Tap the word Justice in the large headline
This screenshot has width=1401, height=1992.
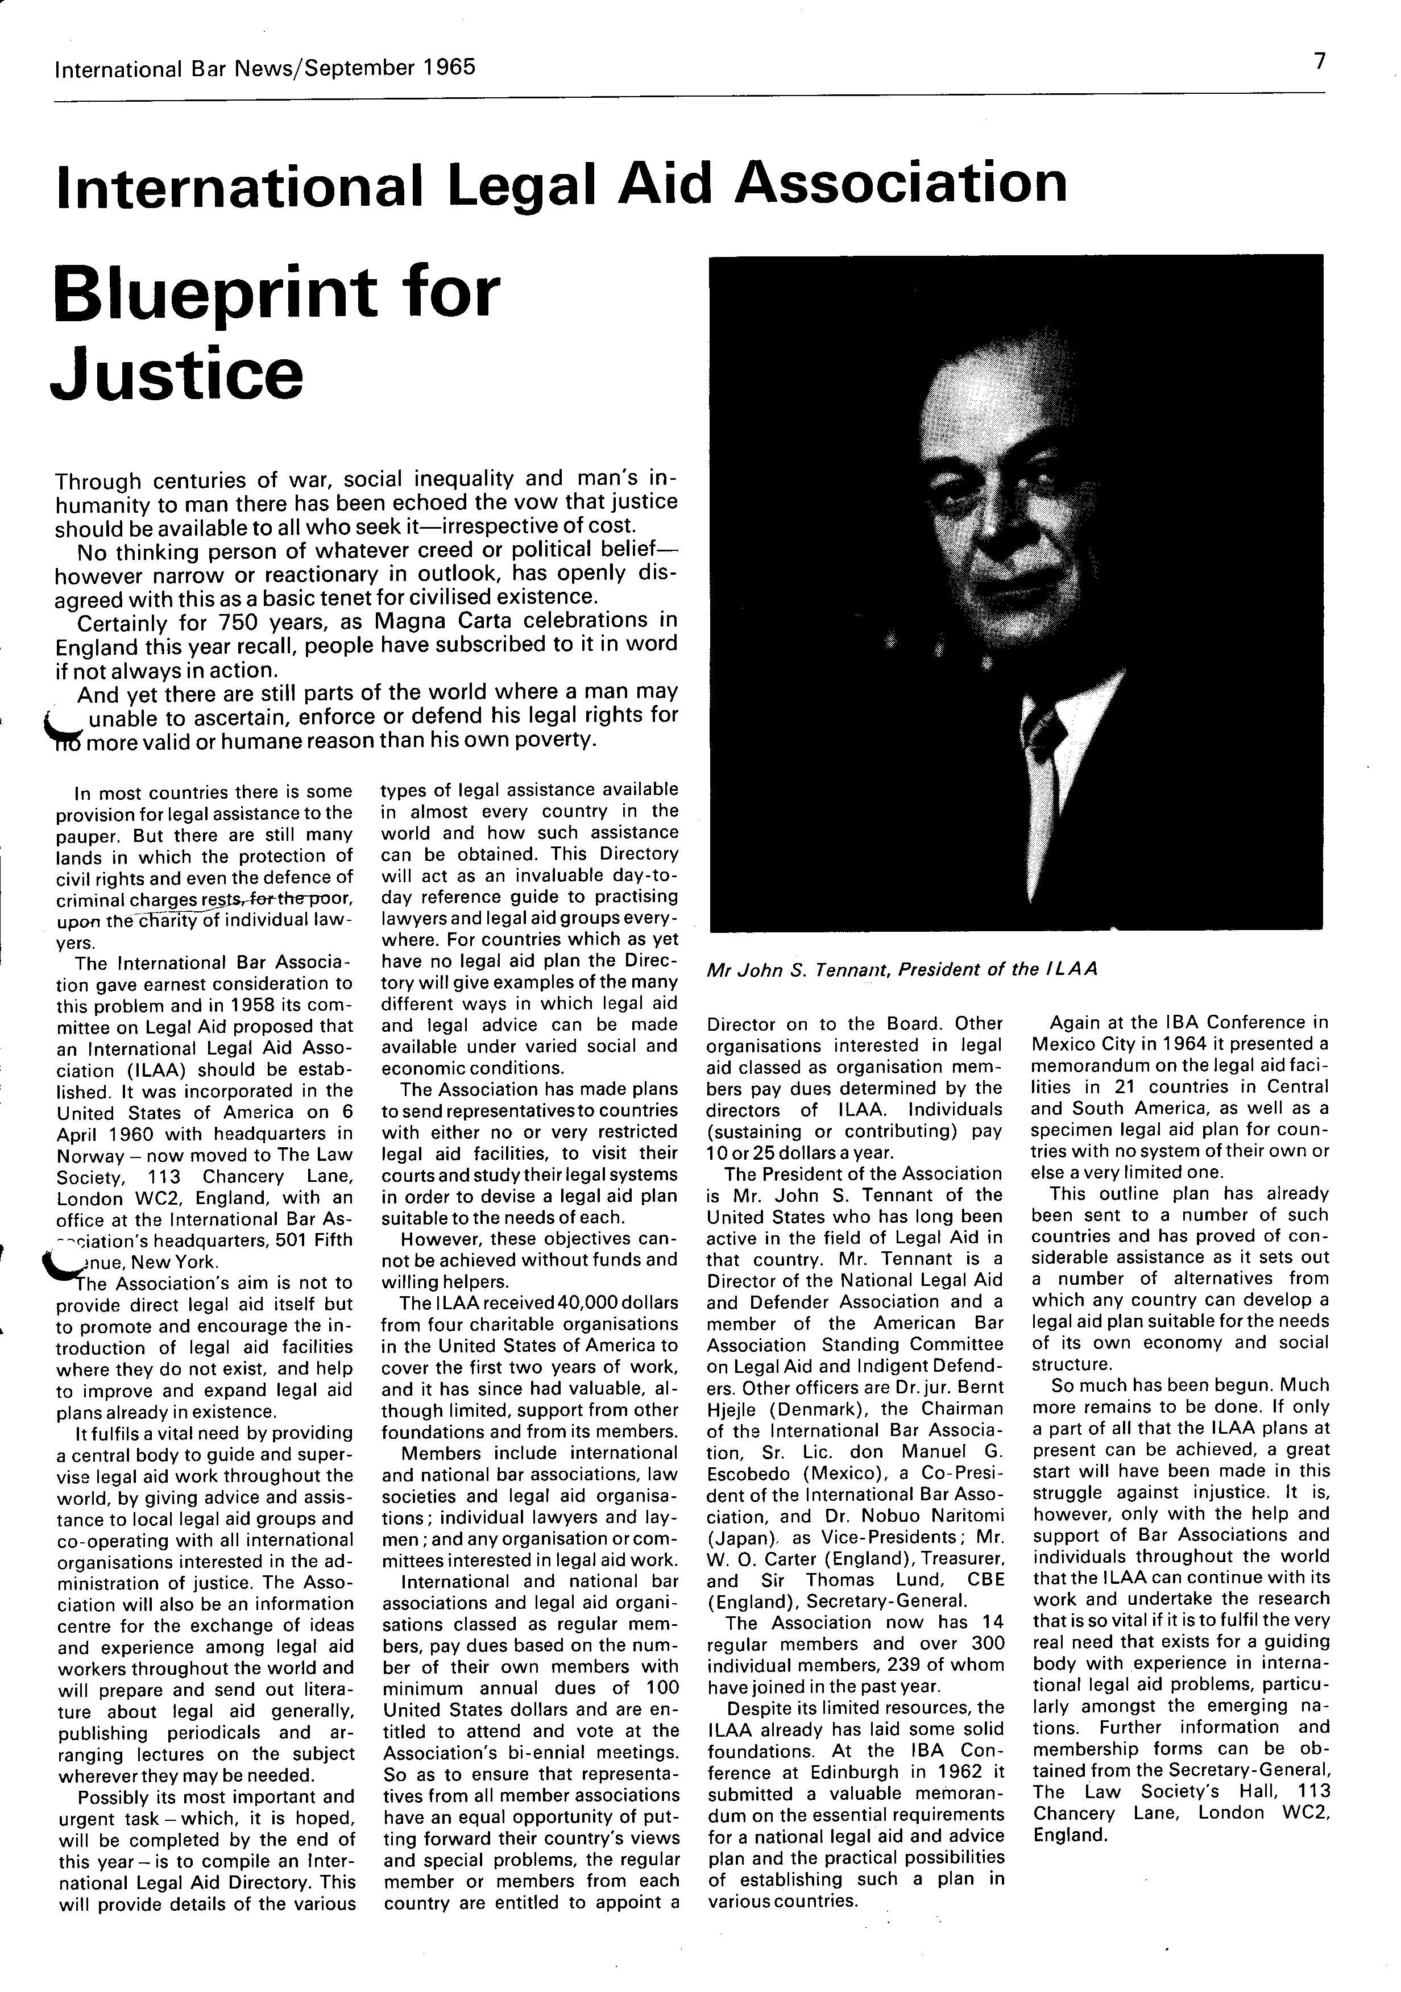[x=178, y=373]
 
